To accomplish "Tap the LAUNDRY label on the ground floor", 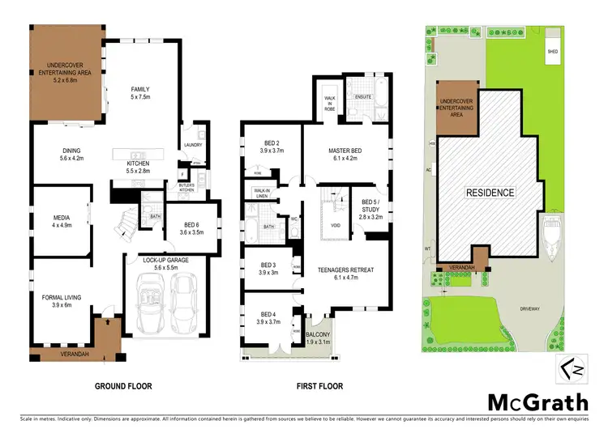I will [193, 146].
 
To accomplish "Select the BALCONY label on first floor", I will [317, 338].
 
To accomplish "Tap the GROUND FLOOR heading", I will [123, 386].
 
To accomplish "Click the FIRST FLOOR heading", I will [317, 386].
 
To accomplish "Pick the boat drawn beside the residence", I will [553, 240].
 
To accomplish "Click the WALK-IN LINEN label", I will [259, 194].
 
